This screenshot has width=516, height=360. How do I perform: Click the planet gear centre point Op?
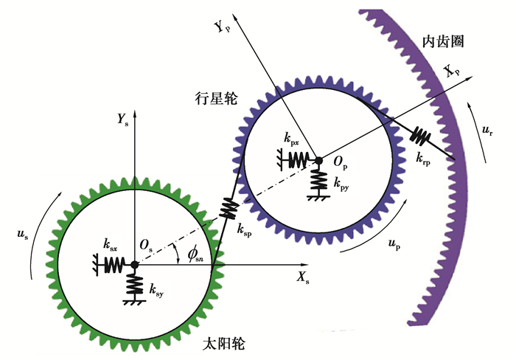point(318,159)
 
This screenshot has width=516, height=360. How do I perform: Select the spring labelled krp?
point(421,135)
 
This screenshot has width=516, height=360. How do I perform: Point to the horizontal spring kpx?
point(299,159)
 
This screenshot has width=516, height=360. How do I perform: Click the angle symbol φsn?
point(194,255)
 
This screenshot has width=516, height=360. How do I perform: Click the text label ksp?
point(245,230)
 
